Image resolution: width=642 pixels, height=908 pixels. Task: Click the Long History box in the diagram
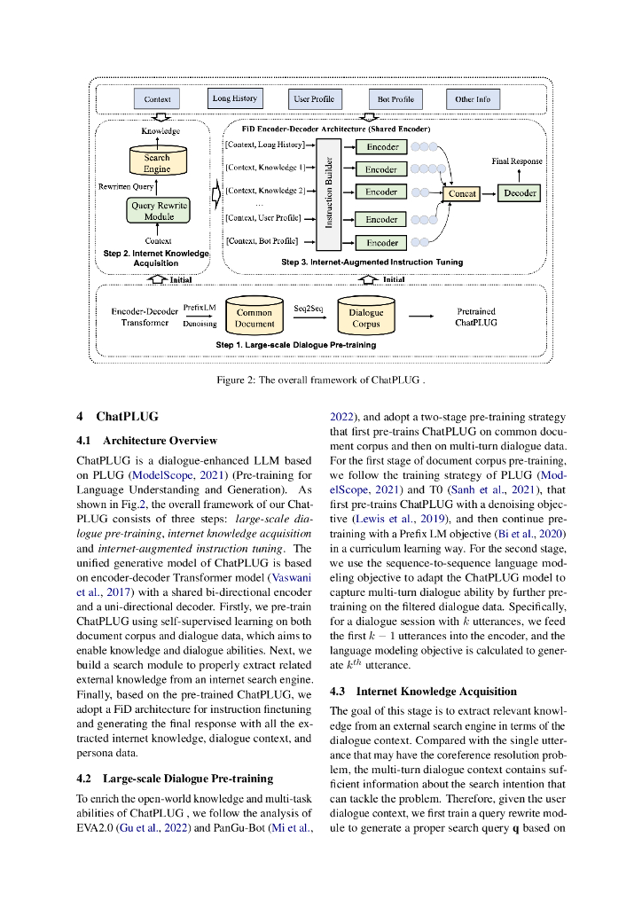tap(234, 98)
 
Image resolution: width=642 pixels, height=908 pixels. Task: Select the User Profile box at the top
tap(314, 99)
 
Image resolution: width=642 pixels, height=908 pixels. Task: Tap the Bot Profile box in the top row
tap(395, 99)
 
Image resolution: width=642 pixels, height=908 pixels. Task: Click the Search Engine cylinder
tap(157, 161)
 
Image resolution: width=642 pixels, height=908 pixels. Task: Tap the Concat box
tap(462, 192)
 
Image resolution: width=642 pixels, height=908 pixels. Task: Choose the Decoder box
tap(520, 192)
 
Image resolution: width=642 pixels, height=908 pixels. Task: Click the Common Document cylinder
tap(254, 317)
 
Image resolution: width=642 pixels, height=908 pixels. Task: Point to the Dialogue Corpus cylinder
tap(365, 317)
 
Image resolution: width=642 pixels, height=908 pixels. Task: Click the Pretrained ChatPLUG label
tap(476, 317)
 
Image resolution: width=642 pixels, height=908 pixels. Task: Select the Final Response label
tap(517, 161)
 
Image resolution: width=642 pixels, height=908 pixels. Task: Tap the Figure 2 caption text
tap(320, 380)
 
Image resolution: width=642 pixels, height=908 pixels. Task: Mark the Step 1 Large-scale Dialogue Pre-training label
tap(295, 344)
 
